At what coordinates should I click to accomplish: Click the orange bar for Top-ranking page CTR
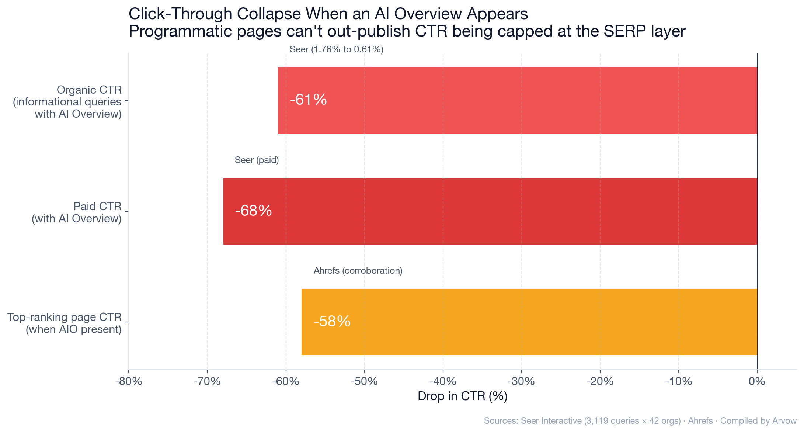pyautogui.click(x=529, y=322)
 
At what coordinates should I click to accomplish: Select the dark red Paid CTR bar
pyautogui.click(x=490, y=211)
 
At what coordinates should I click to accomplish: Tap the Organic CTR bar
pyautogui.click(x=518, y=101)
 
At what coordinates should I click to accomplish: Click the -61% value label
pyautogui.click(x=308, y=100)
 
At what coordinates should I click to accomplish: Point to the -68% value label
pyautogui.click(x=253, y=211)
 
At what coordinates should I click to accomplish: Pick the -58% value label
pyautogui.click(x=332, y=322)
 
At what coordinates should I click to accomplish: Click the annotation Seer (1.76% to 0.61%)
pyautogui.click(x=336, y=49)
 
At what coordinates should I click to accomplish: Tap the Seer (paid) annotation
pyautogui.click(x=257, y=160)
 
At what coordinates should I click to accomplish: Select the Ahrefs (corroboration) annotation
pyautogui.click(x=358, y=271)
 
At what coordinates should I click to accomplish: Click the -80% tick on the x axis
pyautogui.click(x=129, y=381)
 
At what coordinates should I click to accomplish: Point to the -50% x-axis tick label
pyautogui.click(x=364, y=381)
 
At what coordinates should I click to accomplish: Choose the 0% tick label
pyautogui.click(x=757, y=381)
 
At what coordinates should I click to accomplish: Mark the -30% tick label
pyautogui.click(x=521, y=381)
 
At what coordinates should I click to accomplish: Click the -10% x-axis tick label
pyautogui.click(x=678, y=381)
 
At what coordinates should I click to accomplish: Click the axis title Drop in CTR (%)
pyautogui.click(x=462, y=396)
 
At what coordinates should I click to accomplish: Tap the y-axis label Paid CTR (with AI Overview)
pyautogui.click(x=77, y=212)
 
